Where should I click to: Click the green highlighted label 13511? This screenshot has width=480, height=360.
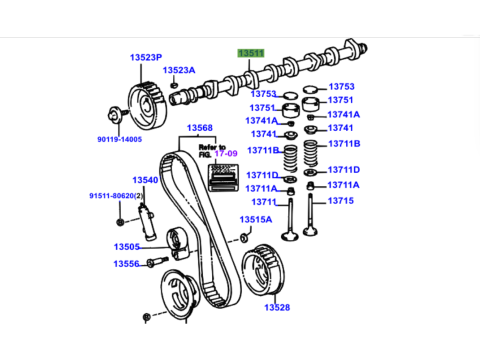(x=251, y=53)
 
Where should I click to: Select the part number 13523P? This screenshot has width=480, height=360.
(x=146, y=57)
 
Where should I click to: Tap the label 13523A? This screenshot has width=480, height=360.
(x=179, y=70)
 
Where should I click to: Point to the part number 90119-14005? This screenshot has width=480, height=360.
(x=120, y=139)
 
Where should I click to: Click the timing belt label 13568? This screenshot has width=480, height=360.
(x=200, y=128)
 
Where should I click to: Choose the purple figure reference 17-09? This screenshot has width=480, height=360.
(x=226, y=153)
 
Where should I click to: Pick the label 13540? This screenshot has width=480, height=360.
(x=145, y=180)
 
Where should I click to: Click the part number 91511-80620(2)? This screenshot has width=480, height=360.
(x=116, y=196)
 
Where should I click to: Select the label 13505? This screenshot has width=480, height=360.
(x=127, y=247)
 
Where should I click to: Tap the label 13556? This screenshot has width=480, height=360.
(x=126, y=264)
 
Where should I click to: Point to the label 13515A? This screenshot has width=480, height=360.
(x=256, y=219)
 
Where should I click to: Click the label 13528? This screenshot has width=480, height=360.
(x=277, y=307)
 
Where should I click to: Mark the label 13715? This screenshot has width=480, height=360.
(x=340, y=201)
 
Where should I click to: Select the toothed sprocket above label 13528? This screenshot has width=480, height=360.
(x=263, y=270)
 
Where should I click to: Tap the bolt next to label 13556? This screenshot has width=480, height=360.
(x=157, y=261)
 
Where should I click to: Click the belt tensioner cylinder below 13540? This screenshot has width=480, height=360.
(x=147, y=221)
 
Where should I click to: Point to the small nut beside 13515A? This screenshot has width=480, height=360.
(x=244, y=238)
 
